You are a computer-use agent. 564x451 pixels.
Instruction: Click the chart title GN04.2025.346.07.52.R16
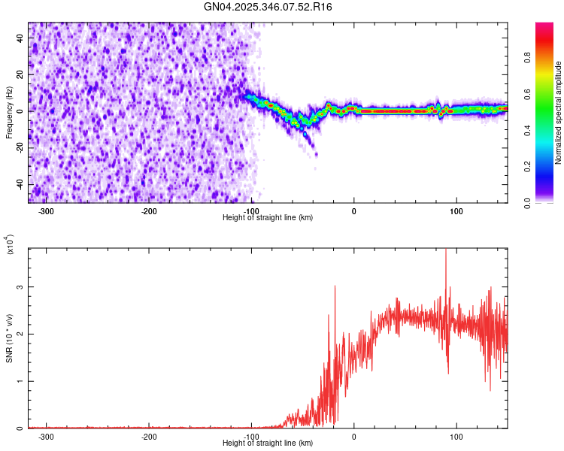[x=268, y=7]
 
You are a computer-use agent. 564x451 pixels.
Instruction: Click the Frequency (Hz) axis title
[x=9, y=112]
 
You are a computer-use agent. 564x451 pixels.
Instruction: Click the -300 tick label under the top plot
[x=47, y=211]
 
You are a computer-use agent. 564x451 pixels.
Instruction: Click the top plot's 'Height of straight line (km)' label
[x=268, y=218]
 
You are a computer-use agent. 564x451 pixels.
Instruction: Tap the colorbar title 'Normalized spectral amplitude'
[x=559, y=113]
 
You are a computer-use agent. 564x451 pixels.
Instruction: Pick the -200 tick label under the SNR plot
[x=149, y=436]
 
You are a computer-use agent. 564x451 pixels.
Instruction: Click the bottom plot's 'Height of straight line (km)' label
[x=268, y=443]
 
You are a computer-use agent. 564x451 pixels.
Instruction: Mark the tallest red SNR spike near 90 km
[x=446, y=251]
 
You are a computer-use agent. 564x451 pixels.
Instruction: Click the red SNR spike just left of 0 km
[x=335, y=287]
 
